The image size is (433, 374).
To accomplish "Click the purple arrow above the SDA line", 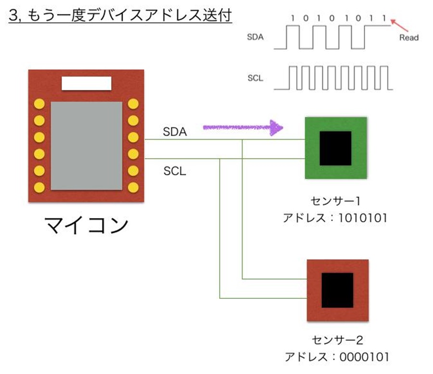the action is pyautogui.click(x=243, y=128).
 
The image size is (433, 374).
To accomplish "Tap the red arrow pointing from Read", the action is pyautogui.click(x=399, y=25).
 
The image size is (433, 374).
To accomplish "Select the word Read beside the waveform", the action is pyautogui.click(x=409, y=38).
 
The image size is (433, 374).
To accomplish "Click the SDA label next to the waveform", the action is pyautogui.click(x=255, y=37).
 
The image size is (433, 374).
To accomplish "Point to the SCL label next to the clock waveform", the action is pyautogui.click(x=255, y=78).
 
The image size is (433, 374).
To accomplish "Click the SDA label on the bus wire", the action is pyautogui.click(x=175, y=132).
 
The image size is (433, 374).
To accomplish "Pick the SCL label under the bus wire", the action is pyautogui.click(x=175, y=171).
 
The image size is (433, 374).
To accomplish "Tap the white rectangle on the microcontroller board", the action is pyautogui.click(x=87, y=83).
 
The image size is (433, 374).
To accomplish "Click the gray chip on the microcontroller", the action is pyautogui.click(x=87, y=146).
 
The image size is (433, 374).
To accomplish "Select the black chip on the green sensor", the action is pyautogui.click(x=335, y=148).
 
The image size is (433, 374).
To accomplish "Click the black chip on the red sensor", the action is pyautogui.click(x=337, y=290).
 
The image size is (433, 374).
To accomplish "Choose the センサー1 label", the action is pyautogui.click(x=335, y=201).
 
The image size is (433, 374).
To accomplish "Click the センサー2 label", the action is pyautogui.click(x=337, y=340).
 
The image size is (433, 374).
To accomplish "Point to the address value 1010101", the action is pyautogui.click(x=362, y=218).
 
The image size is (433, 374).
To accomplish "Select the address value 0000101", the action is pyautogui.click(x=364, y=357).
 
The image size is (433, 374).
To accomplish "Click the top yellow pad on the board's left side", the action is pyautogui.click(x=39, y=104).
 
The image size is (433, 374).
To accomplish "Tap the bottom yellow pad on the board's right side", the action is pyautogui.click(x=133, y=187).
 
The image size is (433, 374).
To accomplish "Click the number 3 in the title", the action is pyautogui.click(x=13, y=16).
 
